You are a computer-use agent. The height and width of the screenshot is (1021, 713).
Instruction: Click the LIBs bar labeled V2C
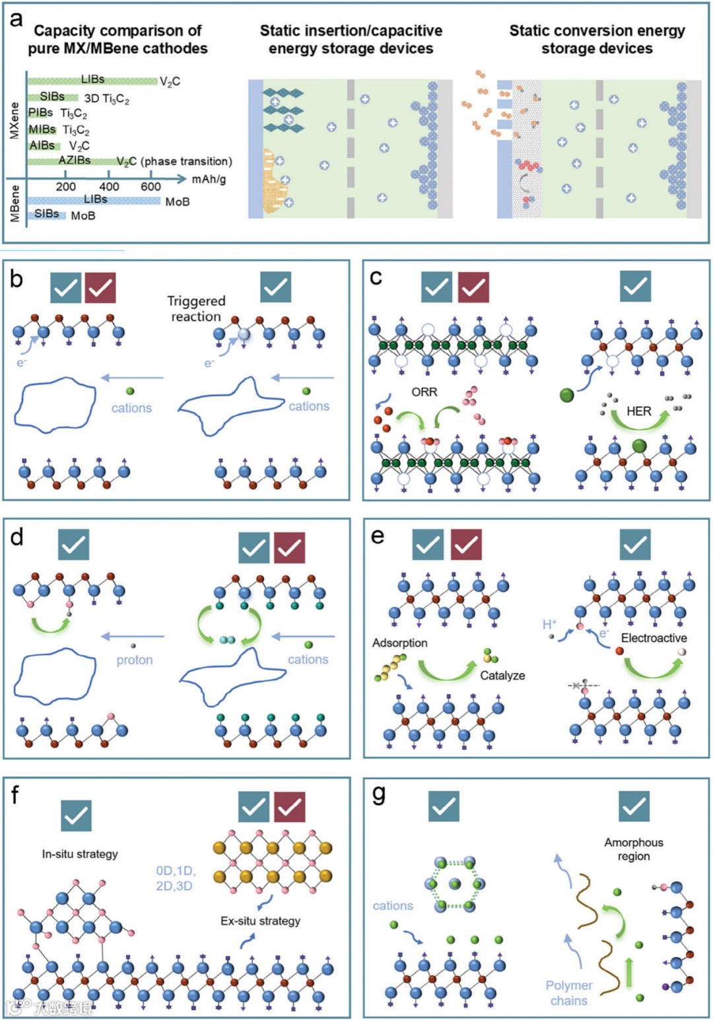click(92, 81)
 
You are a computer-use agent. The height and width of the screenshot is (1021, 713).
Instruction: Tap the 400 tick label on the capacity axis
click(109, 187)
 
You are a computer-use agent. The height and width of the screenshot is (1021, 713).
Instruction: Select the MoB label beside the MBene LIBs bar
click(177, 201)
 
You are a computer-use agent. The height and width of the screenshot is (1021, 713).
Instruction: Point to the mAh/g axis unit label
click(209, 179)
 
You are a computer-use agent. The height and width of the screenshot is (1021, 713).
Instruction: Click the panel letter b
click(17, 279)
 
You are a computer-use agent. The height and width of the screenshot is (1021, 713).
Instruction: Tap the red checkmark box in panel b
click(100, 288)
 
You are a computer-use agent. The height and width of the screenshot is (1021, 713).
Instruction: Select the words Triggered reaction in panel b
click(196, 308)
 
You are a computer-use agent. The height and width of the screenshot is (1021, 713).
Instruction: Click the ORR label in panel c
click(424, 392)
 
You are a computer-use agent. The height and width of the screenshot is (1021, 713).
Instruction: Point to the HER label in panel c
click(638, 411)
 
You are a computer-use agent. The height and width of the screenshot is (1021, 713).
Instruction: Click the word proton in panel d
click(135, 660)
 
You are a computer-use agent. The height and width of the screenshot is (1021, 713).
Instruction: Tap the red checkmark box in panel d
click(289, 547)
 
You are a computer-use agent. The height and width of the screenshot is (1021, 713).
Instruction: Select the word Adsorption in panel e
click(399, 643)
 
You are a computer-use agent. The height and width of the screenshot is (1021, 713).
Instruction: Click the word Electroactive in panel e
click(654, 638)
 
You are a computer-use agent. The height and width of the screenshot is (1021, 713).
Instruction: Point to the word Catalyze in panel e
click(502, 676)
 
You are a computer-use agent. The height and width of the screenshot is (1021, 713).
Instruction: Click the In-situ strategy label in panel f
click(80, 854)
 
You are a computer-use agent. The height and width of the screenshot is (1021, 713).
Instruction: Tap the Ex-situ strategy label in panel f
click(260, 921)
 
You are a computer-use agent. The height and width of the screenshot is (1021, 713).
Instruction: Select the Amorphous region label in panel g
click(634, 849)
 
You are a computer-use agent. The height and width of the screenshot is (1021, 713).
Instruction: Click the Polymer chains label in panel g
click(568, 993)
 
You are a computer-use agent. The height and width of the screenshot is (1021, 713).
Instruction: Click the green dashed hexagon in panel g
click(454, 884)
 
